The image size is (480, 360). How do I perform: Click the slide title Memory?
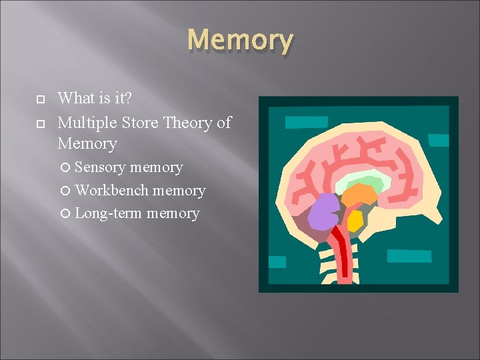(x=240, y=41)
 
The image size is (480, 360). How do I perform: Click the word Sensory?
(x=100, y=167)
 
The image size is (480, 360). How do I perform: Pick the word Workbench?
(x=112, y=191)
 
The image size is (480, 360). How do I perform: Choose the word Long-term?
(x=109, y=213)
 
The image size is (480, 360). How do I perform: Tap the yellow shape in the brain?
(x=354, y=221)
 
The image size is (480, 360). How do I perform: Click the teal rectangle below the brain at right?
(x=408, y=256)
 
